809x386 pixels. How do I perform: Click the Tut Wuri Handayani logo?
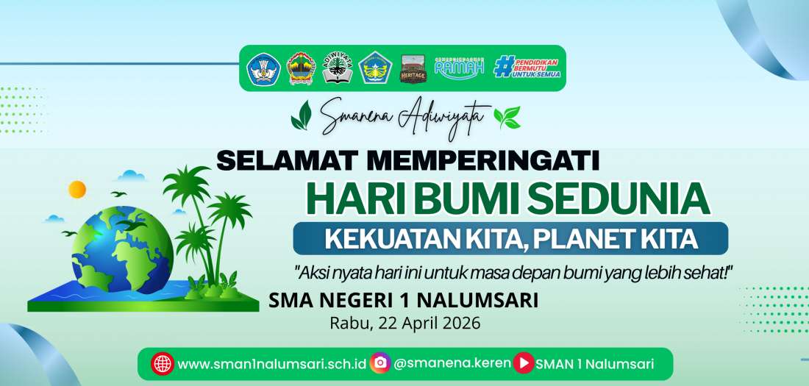264,68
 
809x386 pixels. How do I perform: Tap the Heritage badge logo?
412,68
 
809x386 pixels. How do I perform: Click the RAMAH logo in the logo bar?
460,68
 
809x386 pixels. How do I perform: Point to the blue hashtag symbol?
504,67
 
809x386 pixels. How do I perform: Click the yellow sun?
77,189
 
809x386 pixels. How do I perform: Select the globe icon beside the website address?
162,363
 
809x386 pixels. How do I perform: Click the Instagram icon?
380,362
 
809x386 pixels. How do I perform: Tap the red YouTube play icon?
524,362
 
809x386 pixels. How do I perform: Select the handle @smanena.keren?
452,363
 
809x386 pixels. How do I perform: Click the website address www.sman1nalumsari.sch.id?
272,363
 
